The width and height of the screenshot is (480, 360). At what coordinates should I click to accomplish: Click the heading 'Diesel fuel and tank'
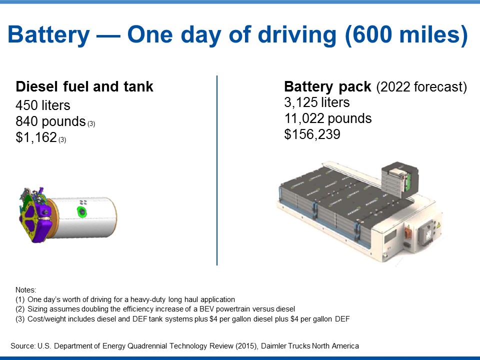tap(84, 86)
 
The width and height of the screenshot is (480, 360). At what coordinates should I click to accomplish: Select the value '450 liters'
tap(43, 105)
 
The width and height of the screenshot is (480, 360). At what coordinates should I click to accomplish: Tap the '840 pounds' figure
tap(50, 121)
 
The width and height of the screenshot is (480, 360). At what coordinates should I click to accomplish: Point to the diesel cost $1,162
tap(36, 137)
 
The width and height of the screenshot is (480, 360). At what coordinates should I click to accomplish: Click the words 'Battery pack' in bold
tap(327, 86)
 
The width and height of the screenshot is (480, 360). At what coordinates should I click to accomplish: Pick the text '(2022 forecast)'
tap(421, 87)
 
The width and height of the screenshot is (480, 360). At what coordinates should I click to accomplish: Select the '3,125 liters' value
tap(317, 102)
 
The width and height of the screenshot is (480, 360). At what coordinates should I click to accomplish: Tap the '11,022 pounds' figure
tap(328, 118)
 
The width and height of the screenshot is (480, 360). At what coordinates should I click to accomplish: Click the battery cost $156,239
tap(312, 134)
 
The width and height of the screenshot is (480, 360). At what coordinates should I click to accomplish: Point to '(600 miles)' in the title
tap(406, 34)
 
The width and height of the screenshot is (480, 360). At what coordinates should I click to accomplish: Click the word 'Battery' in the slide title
tap(48, 35)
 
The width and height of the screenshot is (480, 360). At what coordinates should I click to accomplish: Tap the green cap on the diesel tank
tap(81, 211)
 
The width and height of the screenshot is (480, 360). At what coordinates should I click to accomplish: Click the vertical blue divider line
tap(216, 170)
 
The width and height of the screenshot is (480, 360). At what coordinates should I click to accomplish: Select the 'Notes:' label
tap(25, 290)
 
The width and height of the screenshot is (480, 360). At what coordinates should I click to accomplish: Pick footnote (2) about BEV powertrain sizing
tap(155, 309)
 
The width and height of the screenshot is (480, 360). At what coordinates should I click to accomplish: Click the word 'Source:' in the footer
tap(23, 346)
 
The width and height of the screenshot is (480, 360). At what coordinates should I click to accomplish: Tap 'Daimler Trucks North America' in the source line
tap(310, 346)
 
